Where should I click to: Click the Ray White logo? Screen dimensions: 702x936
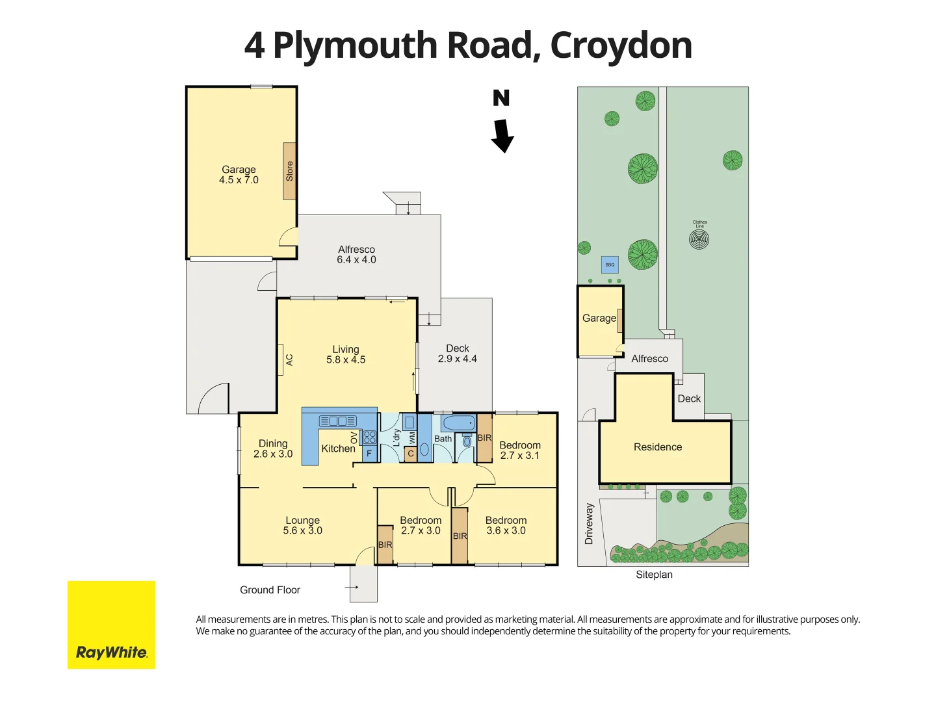(x=111, y=625)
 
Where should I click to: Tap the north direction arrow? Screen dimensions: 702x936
(x=502, y=135)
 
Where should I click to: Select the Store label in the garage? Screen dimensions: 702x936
(x=289, y=171)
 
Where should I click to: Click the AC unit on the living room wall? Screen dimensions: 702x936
(x=281, y=359)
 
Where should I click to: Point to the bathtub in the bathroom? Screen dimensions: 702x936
(x=459, y=423)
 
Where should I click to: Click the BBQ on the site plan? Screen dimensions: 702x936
(x=610, y=265)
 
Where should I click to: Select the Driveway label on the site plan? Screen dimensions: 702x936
(x=589, y=523)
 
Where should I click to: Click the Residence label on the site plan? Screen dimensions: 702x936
(x=658, y=447)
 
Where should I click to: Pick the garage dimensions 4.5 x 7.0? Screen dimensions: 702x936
(x=239, y=180)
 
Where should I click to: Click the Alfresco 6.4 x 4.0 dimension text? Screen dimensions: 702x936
(x=356, y=260)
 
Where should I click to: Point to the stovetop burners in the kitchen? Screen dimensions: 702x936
(x=369, y=437)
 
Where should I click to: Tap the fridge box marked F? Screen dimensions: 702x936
(x=369, y=454)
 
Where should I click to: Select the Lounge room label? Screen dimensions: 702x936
(x=302, y=520)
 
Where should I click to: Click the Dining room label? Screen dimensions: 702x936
(x=273, y=443)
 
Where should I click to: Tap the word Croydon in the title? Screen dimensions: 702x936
(x=621, y=45)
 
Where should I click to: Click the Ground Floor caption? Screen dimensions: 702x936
(x=270, y=590)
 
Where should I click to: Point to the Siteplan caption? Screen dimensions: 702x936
(x=654, y=575)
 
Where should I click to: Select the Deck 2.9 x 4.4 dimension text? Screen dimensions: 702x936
(x=457, y=359)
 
